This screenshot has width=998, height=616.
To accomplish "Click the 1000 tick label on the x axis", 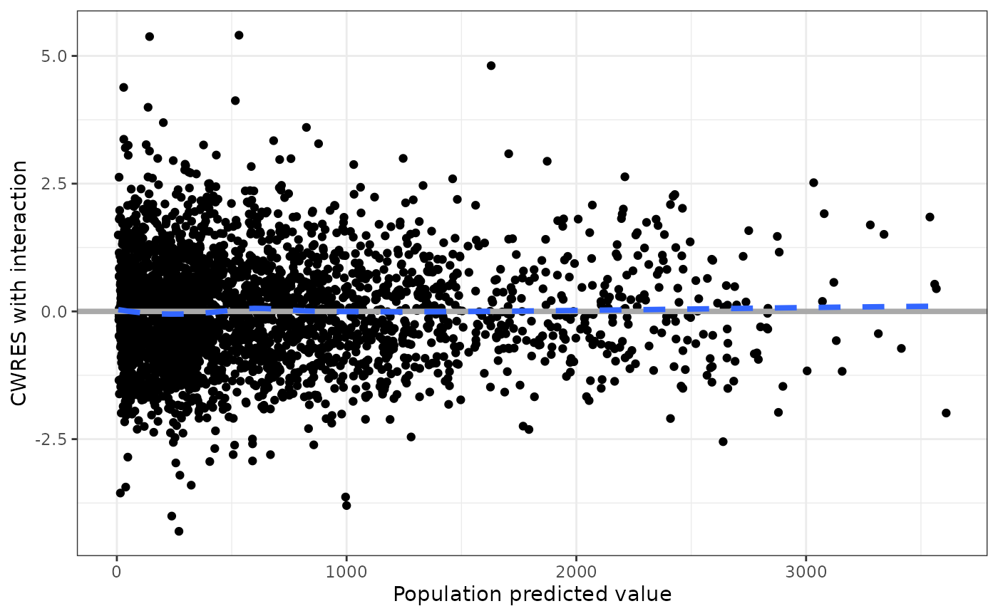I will tap(346, 571).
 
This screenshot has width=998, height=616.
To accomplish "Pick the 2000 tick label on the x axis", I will tap(576, 571).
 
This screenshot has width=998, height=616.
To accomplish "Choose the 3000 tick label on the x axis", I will tap(806, 571).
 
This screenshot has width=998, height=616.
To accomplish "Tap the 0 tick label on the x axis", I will tap(117, 571).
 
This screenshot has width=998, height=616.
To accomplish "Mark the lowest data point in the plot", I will tap(179, 531).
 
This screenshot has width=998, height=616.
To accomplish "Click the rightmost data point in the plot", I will tap(946, 413).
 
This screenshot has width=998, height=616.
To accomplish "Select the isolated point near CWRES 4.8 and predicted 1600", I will tap(490, 66).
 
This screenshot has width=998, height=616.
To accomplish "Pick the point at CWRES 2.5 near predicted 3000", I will tap(813, 182).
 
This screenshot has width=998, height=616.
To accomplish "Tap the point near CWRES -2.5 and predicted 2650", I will tap(723, 442).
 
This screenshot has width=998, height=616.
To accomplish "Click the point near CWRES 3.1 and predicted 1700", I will tap(508, 154).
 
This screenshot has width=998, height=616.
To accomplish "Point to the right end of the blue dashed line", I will tap(927, 306).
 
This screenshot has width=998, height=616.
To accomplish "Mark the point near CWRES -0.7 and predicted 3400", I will tap(901, 348).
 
